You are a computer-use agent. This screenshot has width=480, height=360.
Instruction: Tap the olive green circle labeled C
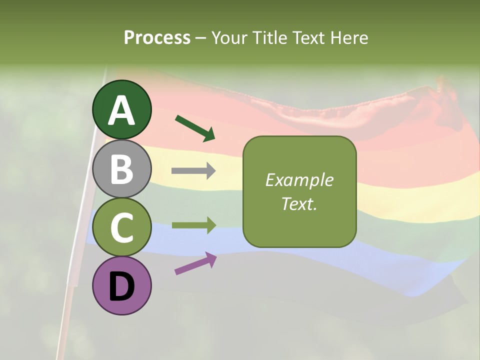tap(122, 227)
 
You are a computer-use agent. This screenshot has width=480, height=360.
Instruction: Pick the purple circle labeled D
tap(122, 285)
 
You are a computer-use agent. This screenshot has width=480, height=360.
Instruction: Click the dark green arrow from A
tap(195, 127)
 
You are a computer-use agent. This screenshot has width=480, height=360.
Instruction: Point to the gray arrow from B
tap(193, 171)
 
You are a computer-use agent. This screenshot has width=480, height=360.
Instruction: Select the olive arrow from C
tap(193, 225)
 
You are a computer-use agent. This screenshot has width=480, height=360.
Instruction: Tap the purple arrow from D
tap(195, 263)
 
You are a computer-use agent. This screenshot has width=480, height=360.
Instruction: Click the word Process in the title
tap(157, 38)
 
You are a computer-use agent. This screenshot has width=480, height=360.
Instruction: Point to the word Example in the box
tap(299, 180)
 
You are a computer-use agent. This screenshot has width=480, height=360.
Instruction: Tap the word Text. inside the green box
tap(299, 204)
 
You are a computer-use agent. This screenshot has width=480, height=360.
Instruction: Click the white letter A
tap(122, 110)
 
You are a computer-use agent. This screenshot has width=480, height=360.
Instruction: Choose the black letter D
tap(122, 286)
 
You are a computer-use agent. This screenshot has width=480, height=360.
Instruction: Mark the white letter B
tap(122, 169)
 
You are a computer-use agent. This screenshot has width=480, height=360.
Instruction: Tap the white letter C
tap(122, 227)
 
